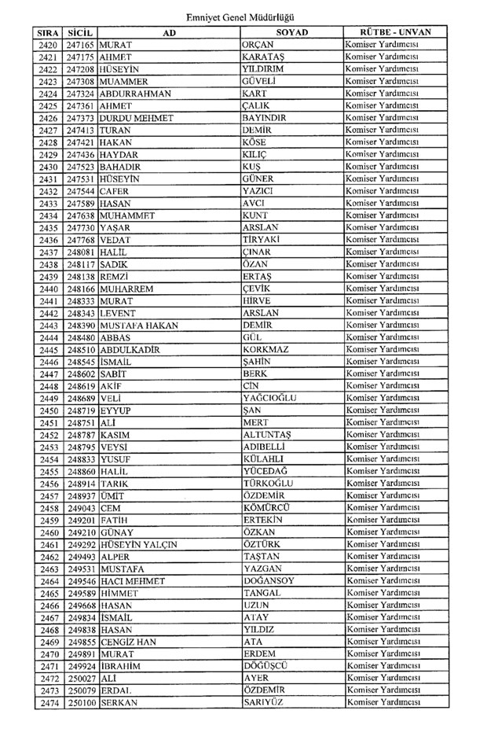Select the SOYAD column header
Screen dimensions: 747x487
[291, 33]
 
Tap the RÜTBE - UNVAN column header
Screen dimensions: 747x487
[387, 33]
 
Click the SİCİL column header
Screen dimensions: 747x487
[81, 33]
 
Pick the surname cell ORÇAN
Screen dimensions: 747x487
[259, 46]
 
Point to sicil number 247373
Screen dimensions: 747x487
[81, 119]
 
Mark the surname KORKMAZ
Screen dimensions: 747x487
[268, 350]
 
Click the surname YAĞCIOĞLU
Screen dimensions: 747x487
[270, 399]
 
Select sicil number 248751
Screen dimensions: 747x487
[81, 423]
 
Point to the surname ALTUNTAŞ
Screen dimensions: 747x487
[268, 435]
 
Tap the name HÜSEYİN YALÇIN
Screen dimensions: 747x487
[138, 544]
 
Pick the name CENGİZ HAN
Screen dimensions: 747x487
[128, 642]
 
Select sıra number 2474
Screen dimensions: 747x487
[49, 702]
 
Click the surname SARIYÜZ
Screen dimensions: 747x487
[265, 702]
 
